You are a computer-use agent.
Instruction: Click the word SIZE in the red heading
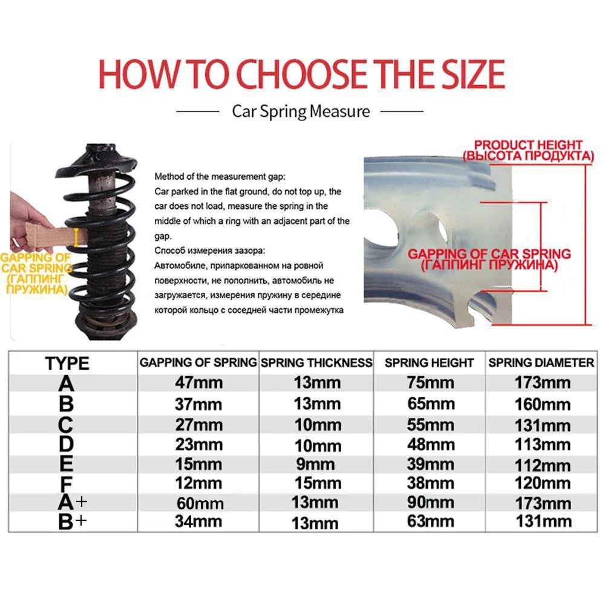coord(463,74)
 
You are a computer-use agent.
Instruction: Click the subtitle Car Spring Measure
coord(301,111)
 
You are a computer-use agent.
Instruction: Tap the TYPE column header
coord(67,364)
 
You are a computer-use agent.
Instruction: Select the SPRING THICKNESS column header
coord(316,363)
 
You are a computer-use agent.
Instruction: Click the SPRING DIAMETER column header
coord(541,363)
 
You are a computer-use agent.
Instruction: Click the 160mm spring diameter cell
coord(542,404)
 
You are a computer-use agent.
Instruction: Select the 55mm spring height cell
coord(430,425)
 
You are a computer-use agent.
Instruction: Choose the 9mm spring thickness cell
coord(315,465)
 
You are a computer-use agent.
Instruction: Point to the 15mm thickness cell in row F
coord(315,484)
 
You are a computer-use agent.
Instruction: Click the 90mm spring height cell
coord(430,503)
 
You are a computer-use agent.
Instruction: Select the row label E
coord(67,465)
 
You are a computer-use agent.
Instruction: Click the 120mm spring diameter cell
coord(542,483)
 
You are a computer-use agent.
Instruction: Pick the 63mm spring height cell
coord(430,522)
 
